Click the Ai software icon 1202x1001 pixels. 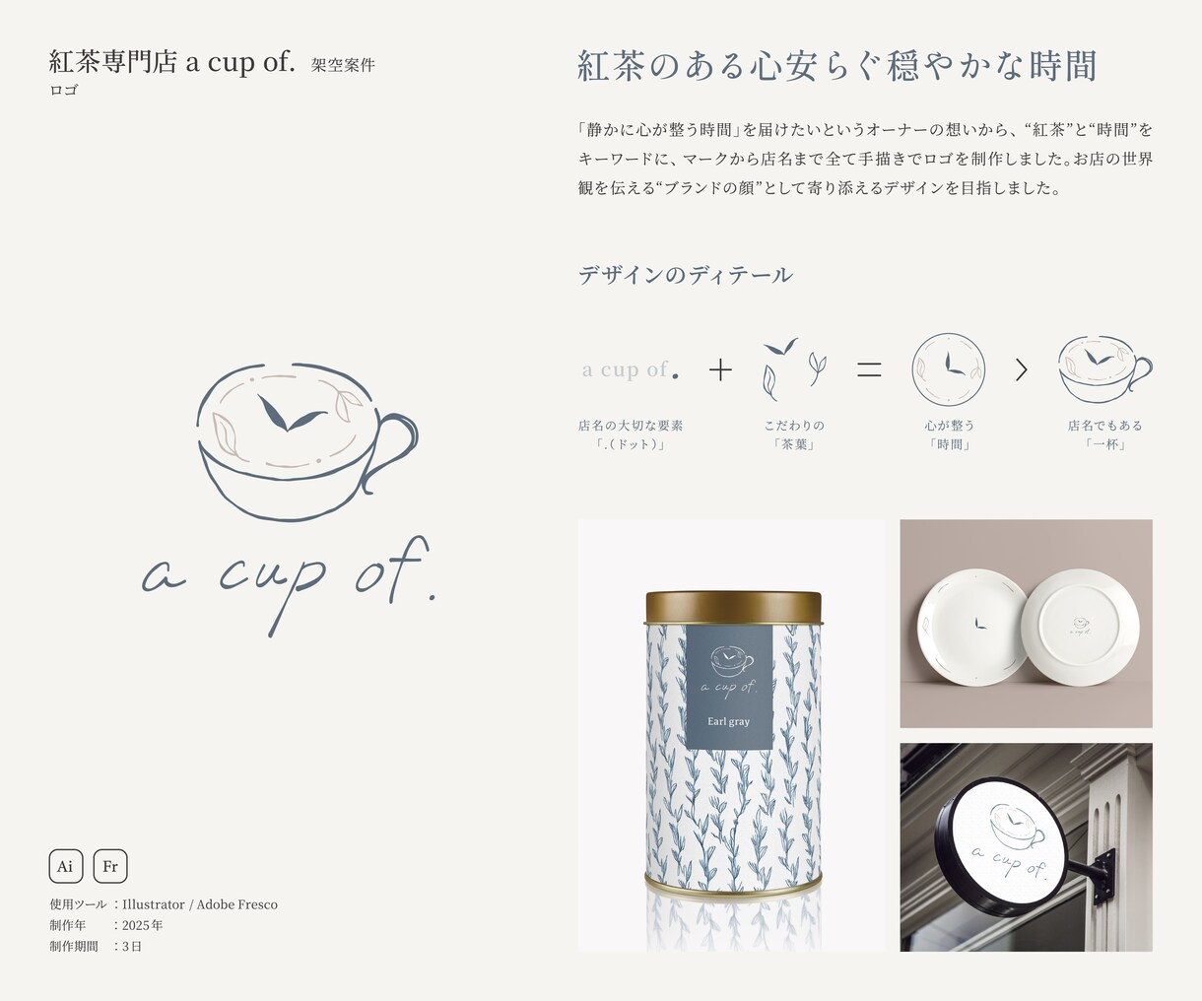66,866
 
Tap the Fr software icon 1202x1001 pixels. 110,866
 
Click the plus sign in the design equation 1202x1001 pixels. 720,369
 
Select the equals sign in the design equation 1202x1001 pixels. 869,369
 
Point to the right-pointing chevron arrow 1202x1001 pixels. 1022,370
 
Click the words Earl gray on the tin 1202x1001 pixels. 728,721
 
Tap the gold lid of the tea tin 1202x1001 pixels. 733,607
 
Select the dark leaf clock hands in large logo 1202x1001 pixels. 290,413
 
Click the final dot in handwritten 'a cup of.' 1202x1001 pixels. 432,599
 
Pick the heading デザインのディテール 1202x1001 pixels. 685,275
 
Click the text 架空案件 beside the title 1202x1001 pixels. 343,65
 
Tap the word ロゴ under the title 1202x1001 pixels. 63,90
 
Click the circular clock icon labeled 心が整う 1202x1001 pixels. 948,369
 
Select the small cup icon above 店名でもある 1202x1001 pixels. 1104,369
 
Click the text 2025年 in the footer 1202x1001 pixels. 142,925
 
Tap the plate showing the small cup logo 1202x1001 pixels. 1080,627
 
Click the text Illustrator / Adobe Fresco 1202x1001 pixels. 200,904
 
